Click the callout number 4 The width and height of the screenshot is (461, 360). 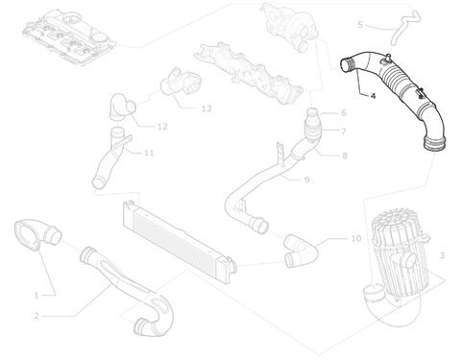(x=373, y=95)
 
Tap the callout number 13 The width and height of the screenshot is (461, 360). (x=206, y=108)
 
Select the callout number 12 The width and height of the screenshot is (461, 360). (x=162, y=127)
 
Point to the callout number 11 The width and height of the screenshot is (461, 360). (x=149, y=153)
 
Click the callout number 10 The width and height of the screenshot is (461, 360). (x=356, y=238)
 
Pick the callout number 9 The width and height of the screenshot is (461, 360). (x=306, y=180)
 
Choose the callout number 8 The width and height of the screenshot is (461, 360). (x=345, y=156)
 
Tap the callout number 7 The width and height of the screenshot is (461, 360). (x=344, y=132)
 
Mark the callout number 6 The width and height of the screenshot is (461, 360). (x=344, y=112)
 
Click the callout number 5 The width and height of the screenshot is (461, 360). (x=360, y=24)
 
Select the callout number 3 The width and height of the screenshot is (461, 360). (x=442, y=255)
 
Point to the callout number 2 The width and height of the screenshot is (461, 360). (x=36, y=316)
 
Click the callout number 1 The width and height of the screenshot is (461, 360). (x=36, y=296)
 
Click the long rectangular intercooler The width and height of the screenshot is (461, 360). (x=179, y=236)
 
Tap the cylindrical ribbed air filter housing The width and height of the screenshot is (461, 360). (x=399, y=243)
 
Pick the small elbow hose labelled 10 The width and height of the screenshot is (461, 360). (x=301, y=252)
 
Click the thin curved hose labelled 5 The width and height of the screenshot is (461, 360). (x=404, y=27)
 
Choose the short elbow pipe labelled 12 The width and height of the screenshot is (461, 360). (x=122, y=108)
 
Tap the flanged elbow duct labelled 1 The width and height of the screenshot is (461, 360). (x=37, y=236)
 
